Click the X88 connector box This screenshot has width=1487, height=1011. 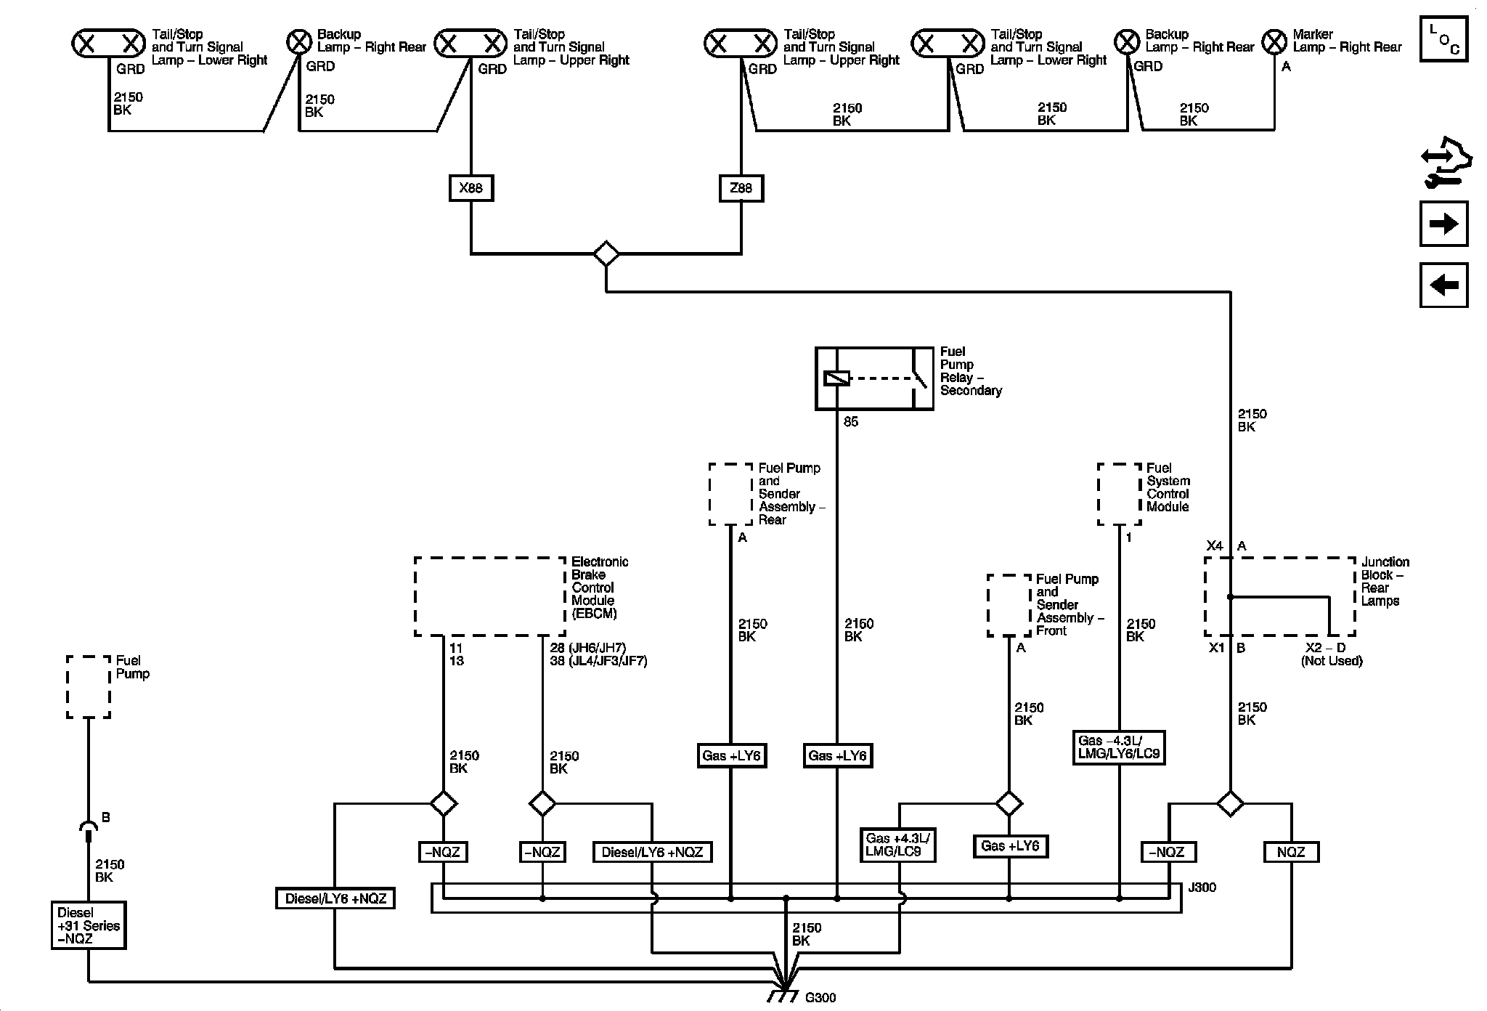click(470, 188)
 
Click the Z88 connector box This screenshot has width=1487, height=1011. click(741, 188)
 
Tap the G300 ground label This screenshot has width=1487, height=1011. click(820, 997)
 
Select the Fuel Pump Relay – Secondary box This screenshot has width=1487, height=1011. click(874, 378)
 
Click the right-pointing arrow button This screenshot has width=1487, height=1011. click(1443, 224)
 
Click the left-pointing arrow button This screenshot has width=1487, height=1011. click(1443, 285)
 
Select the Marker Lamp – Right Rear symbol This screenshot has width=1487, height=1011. click(1274, 43)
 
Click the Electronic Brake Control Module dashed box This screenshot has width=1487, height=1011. click(490, 596)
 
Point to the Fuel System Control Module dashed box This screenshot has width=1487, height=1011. click(1120, 494)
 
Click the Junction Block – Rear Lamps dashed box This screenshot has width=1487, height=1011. click(1280, 596)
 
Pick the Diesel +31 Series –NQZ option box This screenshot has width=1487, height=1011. click(89, 925)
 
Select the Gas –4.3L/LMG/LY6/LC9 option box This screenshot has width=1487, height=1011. click(1119, 747)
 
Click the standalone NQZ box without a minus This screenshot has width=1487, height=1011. click(1291, 852)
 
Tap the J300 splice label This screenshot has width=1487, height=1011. click(1202, 887)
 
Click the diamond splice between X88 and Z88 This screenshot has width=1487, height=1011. click(606, 254)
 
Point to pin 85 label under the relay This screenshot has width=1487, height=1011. click(851, 422)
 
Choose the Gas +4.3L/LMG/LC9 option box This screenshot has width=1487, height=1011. click(897, 845)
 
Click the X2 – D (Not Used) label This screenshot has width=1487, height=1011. click(1331, 654)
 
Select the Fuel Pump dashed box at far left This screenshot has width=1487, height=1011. click(89, 687)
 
